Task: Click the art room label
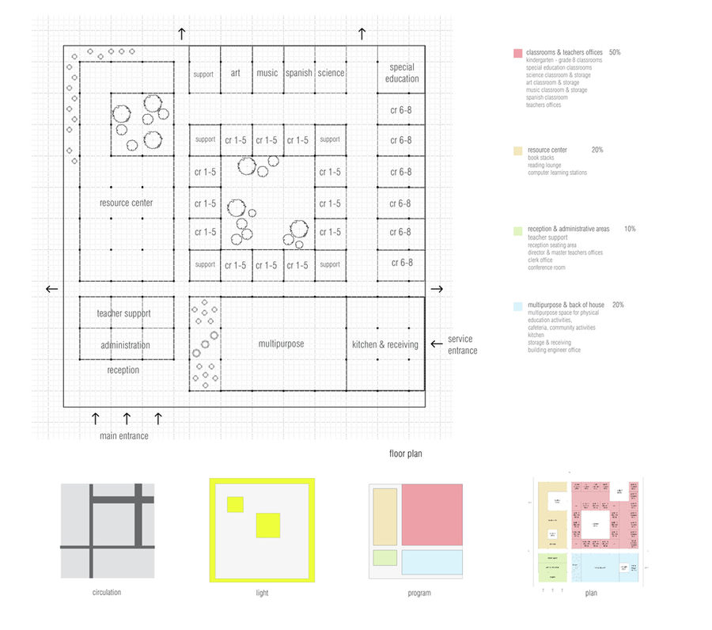click(x=235, y=73)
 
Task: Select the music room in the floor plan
click(x=267, y=73)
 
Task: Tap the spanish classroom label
click(x=299, y=73)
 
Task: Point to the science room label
click(x=331, y=73)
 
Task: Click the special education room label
click(x=402, y=73)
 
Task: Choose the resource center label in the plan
click(x=126, y=203)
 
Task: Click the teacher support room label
click(x=123, y=313)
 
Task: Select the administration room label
click(x=125, y=345)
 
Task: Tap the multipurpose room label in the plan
click(x=281, y=343)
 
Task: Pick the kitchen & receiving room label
click(x=385, y=344)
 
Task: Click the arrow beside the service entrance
click(x=436, y=344)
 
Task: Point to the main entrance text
click(x=123, y=435)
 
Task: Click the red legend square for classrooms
click(x=517, y=53)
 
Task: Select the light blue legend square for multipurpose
click(x=517, y=306)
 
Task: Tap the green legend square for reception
click(x=517, y=230)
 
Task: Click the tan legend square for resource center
click(x=517, y=150)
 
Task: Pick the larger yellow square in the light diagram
click(x=267, y=526)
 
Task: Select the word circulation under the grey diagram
click(x=107, y=591)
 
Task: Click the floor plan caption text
click(x=407, y=454)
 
